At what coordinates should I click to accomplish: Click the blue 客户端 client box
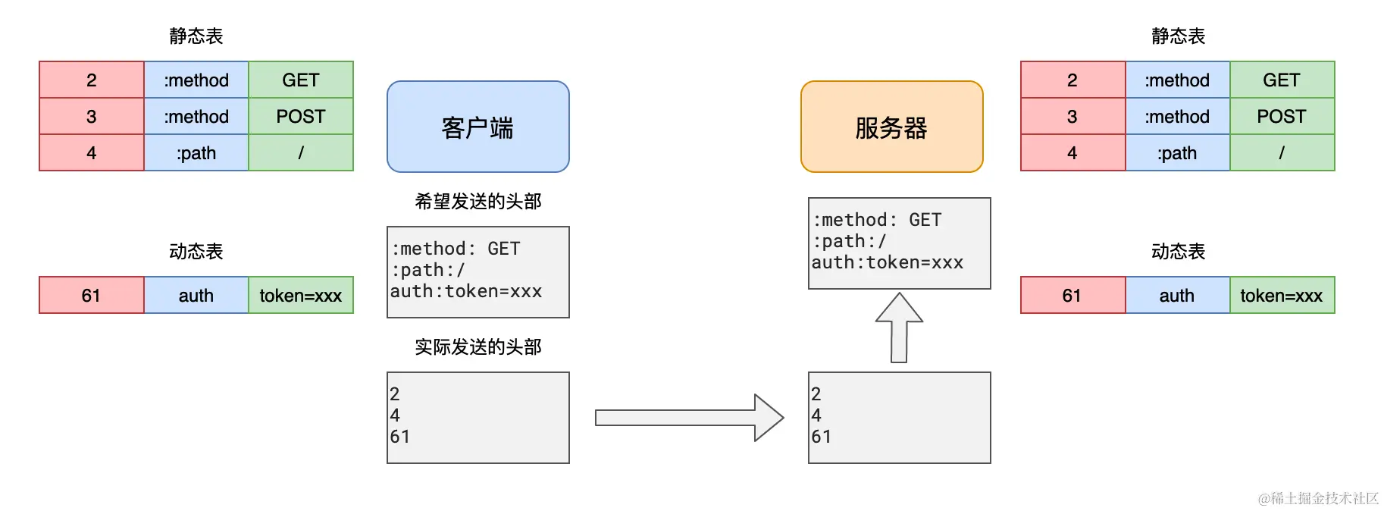pyautogui.click(x=478, y=127)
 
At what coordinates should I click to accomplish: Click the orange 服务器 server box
pyautogui.click(x=891, y=127)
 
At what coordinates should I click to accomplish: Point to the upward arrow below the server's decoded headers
pyautogui.click(x=899, y=328)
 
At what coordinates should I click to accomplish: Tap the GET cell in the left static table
pyautogui.click(x=301, y=80)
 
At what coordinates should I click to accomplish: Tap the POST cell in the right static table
pyautogui.click(x=1282, y=116)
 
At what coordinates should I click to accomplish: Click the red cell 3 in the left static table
pyautogui.click(x=91, y=116)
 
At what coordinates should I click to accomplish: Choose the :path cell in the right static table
pyautogui.click(x=1177, y=152)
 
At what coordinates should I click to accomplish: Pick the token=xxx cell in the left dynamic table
pyautogui.click(x=301, y=295)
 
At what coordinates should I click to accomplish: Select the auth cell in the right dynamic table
pyautogui.click(x=1177, y=295)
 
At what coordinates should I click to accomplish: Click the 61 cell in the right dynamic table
pyautogui.click(x=1072, y=295)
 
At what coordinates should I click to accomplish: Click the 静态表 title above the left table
pyautogui.click(x=196, y=36)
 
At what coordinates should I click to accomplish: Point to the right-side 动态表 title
pyautogui.click(x=1178, y=251)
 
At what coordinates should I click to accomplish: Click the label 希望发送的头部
pyautogui.click(x=478, y=201)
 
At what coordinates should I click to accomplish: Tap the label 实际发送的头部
pyautogui.click(x=478, y=346)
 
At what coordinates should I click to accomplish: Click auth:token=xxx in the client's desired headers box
pyautogui.click(x=466, y=291)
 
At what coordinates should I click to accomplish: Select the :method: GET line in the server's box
pyautogui.click(x=877, y=220)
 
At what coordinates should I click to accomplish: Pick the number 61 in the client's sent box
pyautogui.click(x=399, y=437)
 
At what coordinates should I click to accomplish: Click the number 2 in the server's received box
pyautogui.click(x=816, y=393)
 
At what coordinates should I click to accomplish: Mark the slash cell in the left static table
pyautogui.click(x=301, y=152)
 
